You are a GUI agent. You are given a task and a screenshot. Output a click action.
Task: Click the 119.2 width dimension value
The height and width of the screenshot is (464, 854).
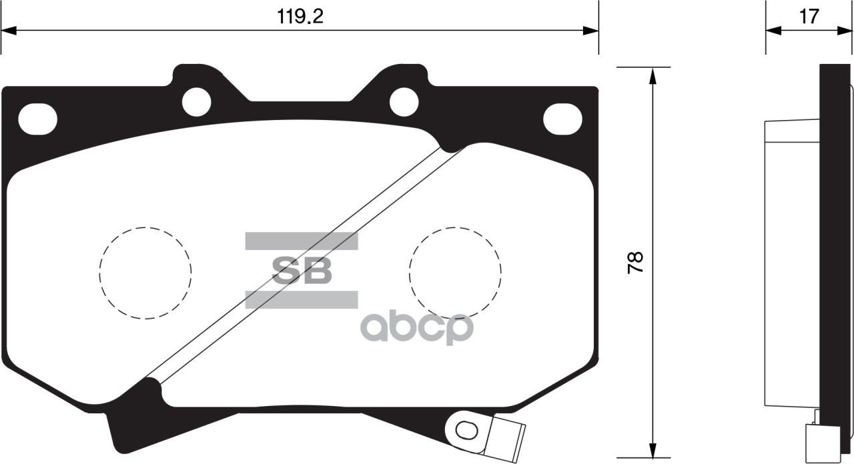[x=300, y=17]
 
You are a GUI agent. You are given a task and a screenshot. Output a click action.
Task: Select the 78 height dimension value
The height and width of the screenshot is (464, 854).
[x=636, y=262]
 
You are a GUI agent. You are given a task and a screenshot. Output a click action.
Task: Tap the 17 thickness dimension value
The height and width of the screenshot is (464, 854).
[x=809, y=17]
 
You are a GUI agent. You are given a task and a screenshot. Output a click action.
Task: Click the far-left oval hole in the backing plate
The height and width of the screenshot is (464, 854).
[x=37, y=119]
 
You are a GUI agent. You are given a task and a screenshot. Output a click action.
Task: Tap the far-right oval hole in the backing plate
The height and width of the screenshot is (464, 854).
[x=562, y=119]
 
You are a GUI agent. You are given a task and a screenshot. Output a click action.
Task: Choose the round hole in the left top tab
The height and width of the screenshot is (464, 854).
[x=196, y=102]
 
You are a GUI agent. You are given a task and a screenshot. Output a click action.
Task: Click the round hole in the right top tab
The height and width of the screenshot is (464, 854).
[x=404, y=102]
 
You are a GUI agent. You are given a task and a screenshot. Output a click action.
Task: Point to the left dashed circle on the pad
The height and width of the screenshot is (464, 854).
[x=145, y=273]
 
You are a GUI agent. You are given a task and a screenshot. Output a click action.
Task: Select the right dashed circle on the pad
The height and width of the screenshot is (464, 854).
[x=455, y=273]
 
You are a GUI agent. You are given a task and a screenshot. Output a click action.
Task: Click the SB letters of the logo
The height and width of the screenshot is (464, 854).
[x=302, y=271]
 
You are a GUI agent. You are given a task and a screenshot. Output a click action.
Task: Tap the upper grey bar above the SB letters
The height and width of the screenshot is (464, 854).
[x=302, y=241]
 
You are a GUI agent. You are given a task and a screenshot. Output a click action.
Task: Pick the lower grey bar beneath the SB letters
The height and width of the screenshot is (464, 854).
[x=302, y=299]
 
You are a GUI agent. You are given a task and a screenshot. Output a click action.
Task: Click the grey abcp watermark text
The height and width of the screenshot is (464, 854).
[x=417, y=328]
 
